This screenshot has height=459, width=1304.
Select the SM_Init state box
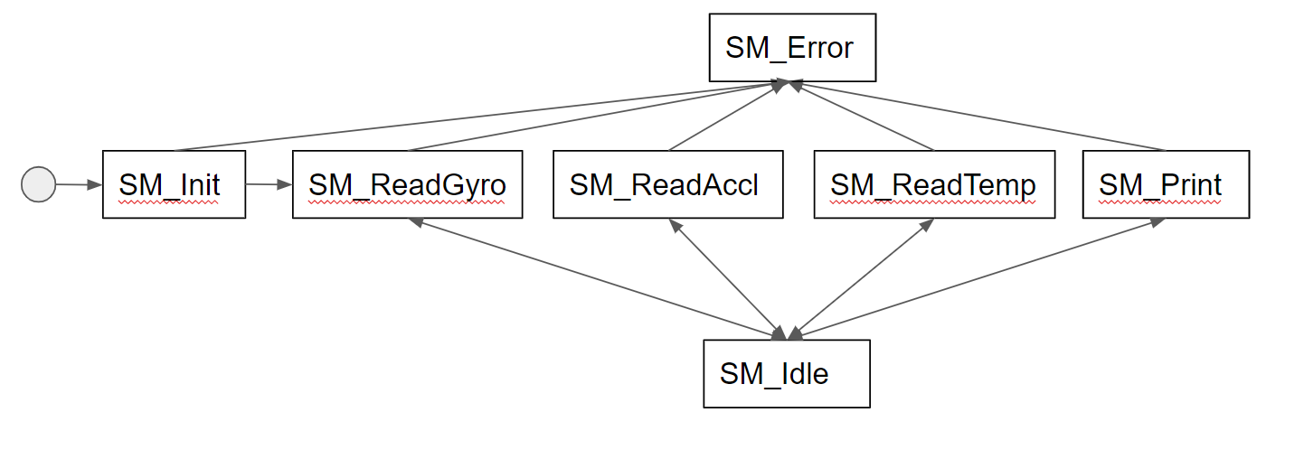(174, 184)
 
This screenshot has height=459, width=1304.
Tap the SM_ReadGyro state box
(407, 184)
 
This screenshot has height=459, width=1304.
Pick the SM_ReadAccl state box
(667, 184)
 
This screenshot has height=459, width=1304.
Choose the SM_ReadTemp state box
(934, 184)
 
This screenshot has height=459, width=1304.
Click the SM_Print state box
(1166, 184)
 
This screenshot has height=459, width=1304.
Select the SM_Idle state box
(787, 373)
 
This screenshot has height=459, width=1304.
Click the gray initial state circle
(38, 184)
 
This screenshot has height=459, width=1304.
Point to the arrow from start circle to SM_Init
(78, 184)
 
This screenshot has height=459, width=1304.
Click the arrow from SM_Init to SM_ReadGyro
(268, 184)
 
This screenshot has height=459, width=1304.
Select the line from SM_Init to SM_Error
(479, 116)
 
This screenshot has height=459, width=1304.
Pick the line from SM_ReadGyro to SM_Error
(597, 116)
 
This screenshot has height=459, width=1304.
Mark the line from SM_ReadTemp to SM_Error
(864, 116)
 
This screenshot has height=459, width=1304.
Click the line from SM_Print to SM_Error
(977, 116)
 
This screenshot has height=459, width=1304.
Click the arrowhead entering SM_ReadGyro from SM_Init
(287, 184)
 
